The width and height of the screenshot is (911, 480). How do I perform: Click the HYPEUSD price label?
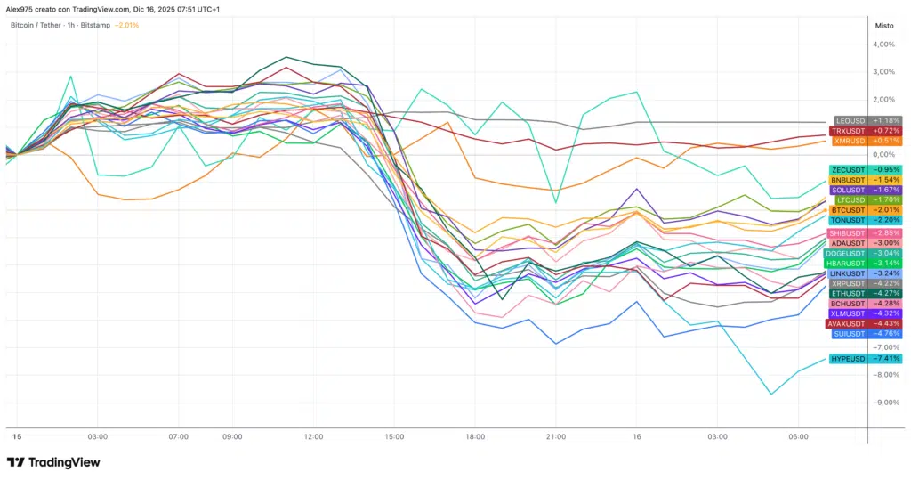[x=865, y=358]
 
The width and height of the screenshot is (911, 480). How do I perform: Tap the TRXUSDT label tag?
[x=866, y=130]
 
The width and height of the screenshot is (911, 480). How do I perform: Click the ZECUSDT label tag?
[x=865, y=169]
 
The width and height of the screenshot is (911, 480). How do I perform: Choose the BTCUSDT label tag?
[x=865, y=210]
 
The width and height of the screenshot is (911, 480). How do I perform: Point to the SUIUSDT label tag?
[x=865, y=333]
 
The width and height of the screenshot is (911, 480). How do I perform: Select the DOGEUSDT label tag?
[x=864, y=253]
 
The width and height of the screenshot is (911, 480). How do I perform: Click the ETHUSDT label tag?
[x=865, y=293]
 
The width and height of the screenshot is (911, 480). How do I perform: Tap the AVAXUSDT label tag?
[x=864, y=323]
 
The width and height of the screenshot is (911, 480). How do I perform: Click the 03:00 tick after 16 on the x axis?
[x=717, y=437]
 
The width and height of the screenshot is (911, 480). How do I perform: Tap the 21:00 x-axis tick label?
[x=555, y=437]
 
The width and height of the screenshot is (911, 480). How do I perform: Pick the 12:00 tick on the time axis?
[x=313, y=437]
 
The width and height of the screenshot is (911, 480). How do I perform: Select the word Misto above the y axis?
[x=884, y=25]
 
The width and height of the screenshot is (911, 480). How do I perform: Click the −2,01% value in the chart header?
[x=125, y=25]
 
